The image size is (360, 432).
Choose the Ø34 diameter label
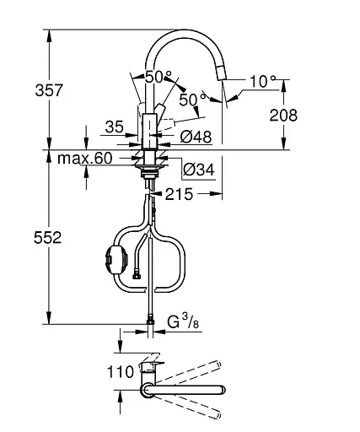click(199, 170)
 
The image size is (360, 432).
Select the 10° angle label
click(262, 81)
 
